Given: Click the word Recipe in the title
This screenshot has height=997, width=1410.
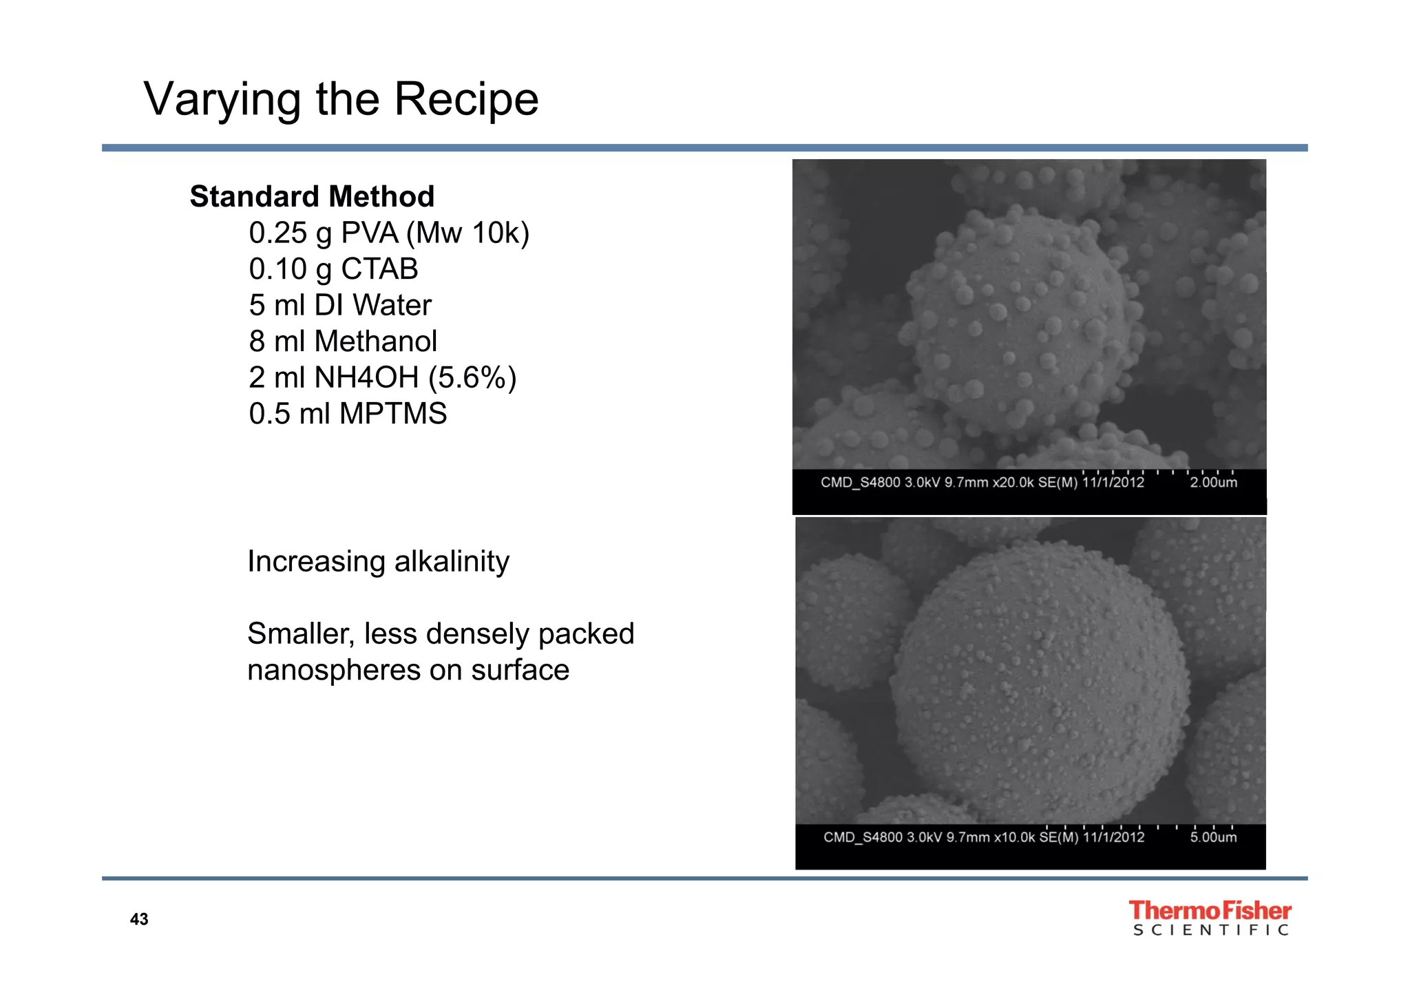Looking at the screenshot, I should click(465, 100).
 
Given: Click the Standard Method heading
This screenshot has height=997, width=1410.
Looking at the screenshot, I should click(312, 197).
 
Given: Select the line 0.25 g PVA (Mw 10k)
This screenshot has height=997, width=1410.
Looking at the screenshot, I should click(389, 233).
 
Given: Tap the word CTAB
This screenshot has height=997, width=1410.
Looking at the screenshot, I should click(379, 269).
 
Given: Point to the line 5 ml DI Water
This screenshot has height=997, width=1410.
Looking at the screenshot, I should click(340, 306).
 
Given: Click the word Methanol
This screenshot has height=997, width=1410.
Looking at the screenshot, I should click(375, 342).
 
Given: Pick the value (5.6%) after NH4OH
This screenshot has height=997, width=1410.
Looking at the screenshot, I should click(472, 378).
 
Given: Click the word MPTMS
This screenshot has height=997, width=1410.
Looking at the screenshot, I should click(393, 414).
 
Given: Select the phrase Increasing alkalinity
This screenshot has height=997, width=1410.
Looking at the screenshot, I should click(378, 562).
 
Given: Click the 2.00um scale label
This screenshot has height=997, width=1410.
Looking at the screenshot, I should click(1213, 483).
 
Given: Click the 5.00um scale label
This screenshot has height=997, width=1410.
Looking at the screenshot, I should click(1213, 837).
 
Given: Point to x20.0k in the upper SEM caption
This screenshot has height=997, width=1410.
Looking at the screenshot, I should click(1013, 483).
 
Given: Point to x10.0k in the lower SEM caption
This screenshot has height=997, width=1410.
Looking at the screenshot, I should click(1015, 837).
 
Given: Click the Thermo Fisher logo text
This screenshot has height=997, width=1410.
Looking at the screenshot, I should click(1210, 911).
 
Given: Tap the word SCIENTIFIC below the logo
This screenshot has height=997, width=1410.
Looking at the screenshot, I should click(1210, 931).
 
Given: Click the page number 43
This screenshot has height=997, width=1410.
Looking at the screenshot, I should click(139, 920).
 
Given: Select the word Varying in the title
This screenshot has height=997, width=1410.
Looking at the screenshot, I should click(222, 100).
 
